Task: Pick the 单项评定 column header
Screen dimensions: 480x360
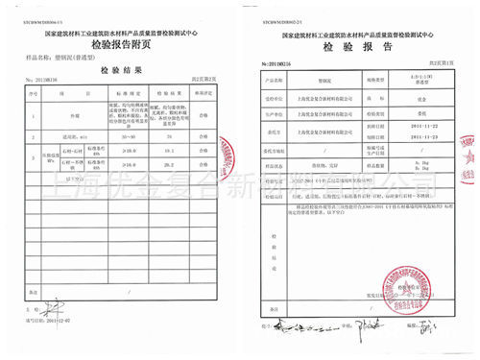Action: coord(204,94)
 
